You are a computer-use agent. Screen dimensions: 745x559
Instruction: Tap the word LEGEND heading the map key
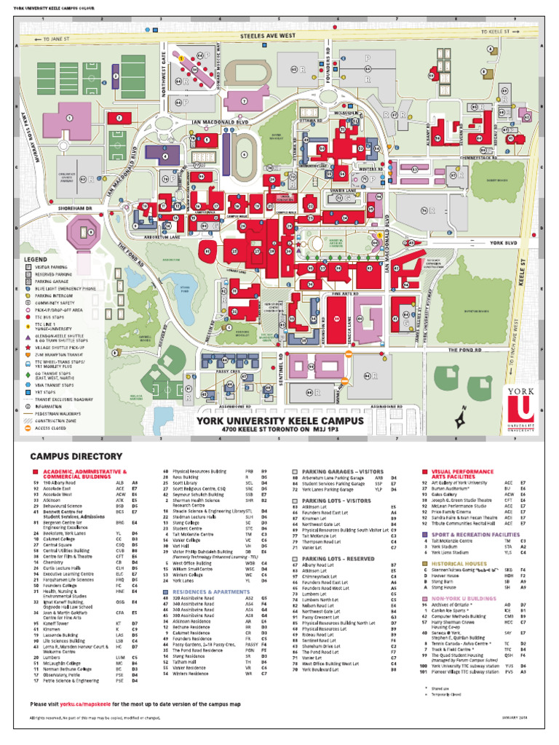point(36,259)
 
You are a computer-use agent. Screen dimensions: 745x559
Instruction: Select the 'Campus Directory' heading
point(76,456)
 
